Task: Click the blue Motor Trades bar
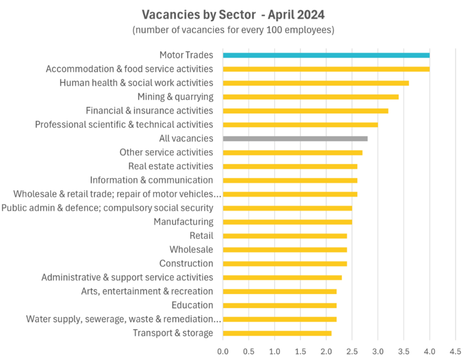(326, 55)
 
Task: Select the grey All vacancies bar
(295, 139)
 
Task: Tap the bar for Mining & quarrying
(311, 97)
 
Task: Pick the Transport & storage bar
(277, 333)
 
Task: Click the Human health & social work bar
(316, 83)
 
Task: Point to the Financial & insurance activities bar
(306, 111)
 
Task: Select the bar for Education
(280, 305)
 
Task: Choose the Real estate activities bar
(290, 166)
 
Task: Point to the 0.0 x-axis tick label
(223, 351)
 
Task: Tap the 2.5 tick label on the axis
(352, 351)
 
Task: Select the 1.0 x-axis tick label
(275, 351)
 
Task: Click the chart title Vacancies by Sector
(233, 15)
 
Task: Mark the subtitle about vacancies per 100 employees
(233, 30)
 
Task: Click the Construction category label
(186, 264)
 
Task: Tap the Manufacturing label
(183, 222)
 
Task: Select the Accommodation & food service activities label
(130, 69)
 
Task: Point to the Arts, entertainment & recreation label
(147, 291)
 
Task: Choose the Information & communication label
(152, 180)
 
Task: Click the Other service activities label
(166, 152)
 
